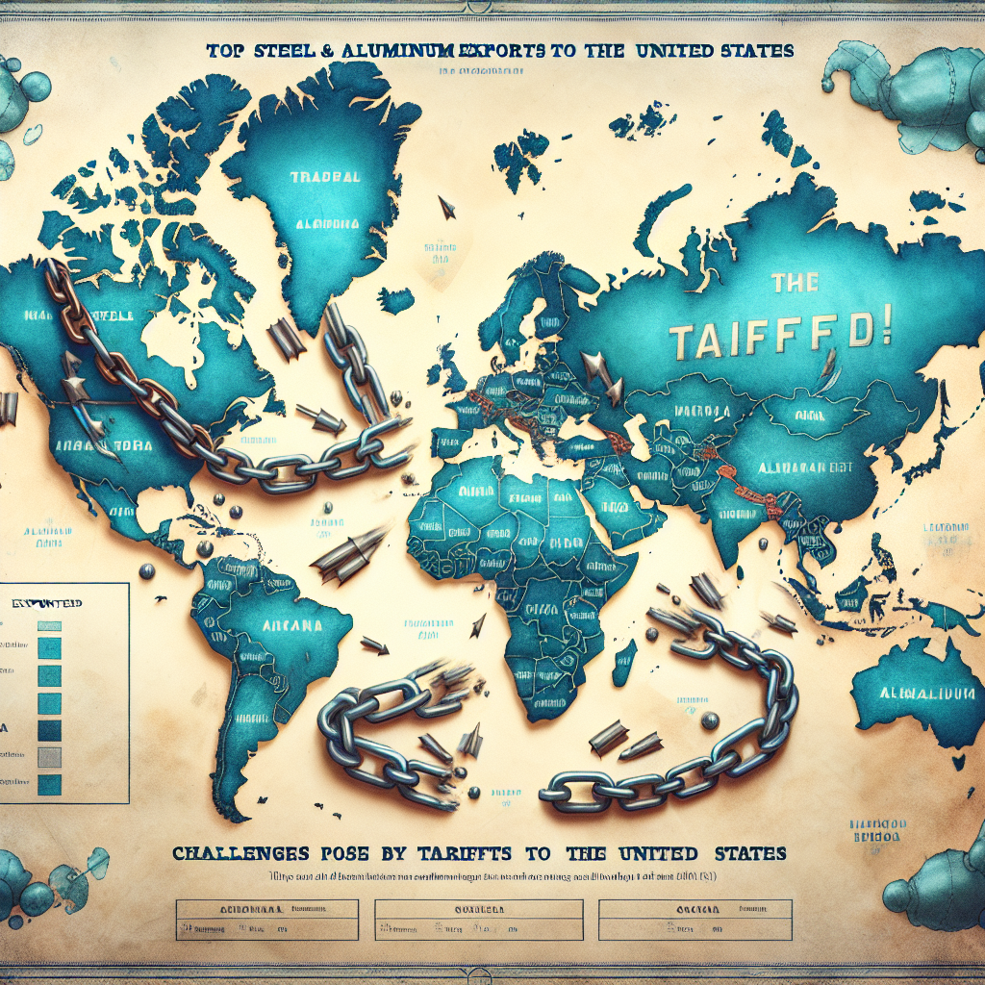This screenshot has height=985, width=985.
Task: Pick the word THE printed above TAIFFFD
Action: pyautogui.click(x=794, y=282)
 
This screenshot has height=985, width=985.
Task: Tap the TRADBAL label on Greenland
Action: pyautogui.click(x=324, y=178)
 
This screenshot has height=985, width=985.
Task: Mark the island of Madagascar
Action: pyautogui.click(x=624, y=663)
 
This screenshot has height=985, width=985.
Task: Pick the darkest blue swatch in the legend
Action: pyautogui.click(x=49, y=729)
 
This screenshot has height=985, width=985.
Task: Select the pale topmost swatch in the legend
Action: pyautogui.click(x=49, y=625)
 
